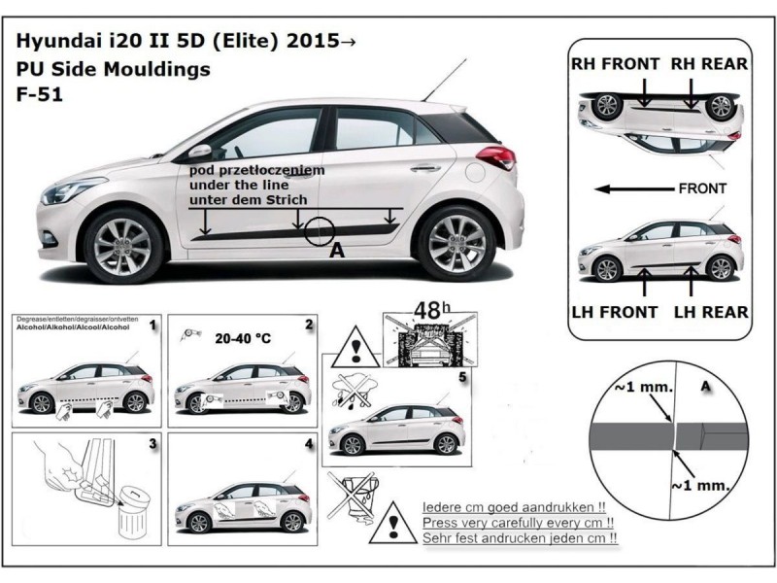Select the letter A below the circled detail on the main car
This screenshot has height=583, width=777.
point(338,251)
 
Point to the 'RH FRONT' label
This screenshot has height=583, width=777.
point(613,64)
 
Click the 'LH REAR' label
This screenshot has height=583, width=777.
point(712,312)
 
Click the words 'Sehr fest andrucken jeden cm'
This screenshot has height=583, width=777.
point(520,537)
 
